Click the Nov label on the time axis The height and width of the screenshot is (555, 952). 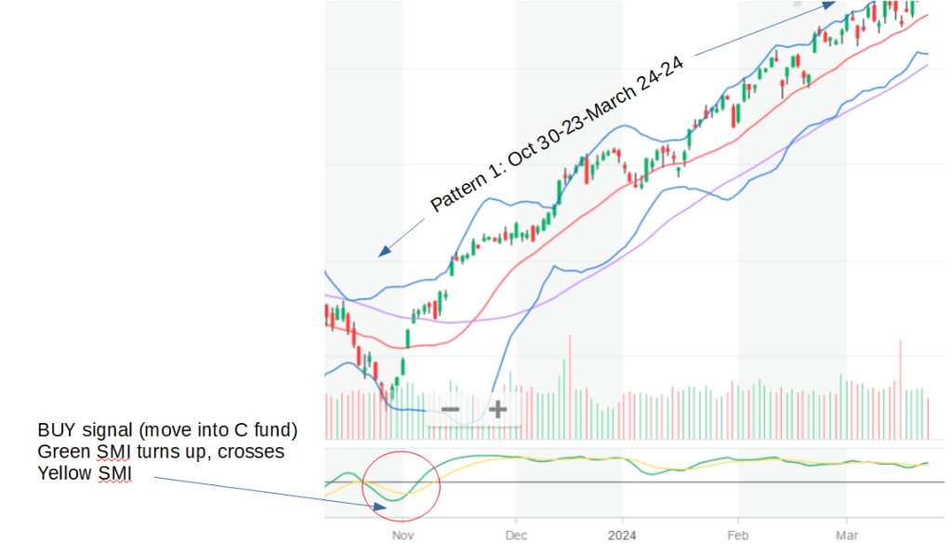click(402, 535)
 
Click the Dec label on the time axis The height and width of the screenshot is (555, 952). click(516, 535)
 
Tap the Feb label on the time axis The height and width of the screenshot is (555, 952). click(737, 535)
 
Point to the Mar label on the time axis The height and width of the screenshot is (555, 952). click(846, 535)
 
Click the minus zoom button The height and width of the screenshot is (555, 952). click(450, 409)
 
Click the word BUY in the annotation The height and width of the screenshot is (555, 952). click(57, 430)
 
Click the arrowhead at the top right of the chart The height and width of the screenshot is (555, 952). click(829, 5)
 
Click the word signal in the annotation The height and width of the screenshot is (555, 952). click(105, 430)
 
